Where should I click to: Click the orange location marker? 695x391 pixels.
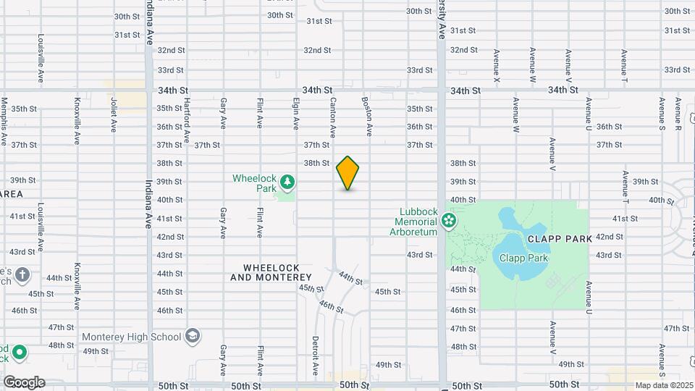[x=348, y=173]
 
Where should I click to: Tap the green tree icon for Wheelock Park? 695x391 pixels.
[x=287, y=181]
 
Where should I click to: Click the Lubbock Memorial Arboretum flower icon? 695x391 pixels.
[x=450, y=219]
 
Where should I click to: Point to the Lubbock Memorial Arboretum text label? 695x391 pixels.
[x=413, y=222]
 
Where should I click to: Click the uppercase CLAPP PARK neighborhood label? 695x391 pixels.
[x=561, y=238]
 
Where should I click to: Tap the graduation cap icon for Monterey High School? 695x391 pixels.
[x=193, y=336]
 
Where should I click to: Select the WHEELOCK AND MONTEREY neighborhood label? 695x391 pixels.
[x=271, y=272]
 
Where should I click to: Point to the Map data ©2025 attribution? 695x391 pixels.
[x=664, y=385]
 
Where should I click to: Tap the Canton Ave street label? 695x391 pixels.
[x=333, y=118]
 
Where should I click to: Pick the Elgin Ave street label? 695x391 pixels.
[x=296, y=114]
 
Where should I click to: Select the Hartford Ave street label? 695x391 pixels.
[x=187, y=119]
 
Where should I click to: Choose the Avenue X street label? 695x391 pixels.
[x=497, y=65]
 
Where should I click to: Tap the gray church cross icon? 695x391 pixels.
[x=22, y=274]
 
